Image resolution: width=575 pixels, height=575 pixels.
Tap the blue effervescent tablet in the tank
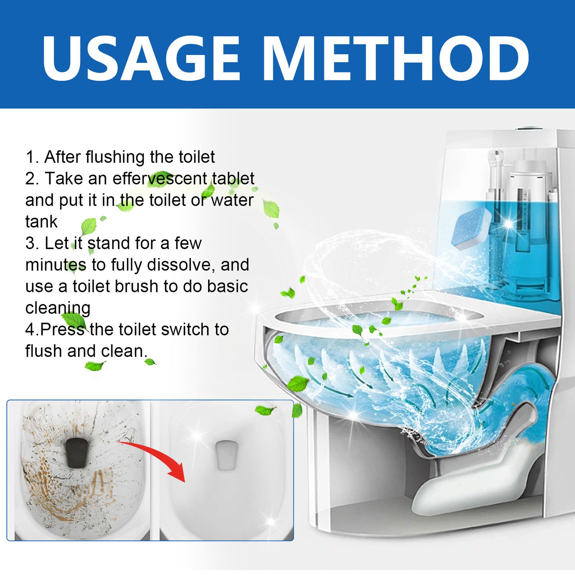(x=471, y=228)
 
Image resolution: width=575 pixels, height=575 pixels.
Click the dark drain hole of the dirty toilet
(x=78, y=453)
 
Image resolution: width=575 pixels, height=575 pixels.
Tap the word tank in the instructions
(x=41, y=222)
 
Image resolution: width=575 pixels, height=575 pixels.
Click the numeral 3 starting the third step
(x=30, y=244)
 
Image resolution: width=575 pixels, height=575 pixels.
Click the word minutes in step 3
(x=56, y=265)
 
